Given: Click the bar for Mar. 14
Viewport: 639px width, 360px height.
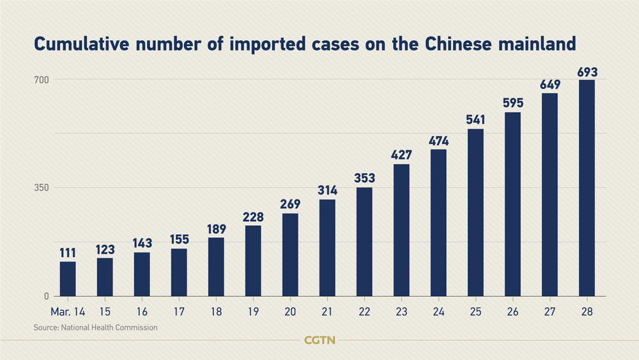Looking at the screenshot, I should click(x=68, y=279).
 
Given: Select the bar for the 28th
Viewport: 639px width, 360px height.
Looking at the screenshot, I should click(x=587, y=188).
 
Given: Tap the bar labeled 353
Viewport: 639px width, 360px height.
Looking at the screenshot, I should click(x=364, y=242).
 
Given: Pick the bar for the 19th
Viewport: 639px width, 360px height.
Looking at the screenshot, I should click(x=253, y=261).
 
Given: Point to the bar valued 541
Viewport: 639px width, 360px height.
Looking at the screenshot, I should click(x=475, y=212).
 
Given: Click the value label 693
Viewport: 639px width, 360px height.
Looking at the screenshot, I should click(x=587, y=72).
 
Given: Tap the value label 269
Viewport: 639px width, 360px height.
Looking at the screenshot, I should click(x=290, y=205).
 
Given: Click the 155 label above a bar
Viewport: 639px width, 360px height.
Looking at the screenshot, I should click(x=179, y=240).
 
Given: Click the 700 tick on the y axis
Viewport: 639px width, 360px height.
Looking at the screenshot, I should click(x=42, y=79).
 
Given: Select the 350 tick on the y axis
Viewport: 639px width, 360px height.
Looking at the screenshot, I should click(x=42, y=188).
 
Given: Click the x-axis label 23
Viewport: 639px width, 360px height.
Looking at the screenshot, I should click(x=401, y=311).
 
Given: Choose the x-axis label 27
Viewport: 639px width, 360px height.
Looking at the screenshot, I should click(x=550, y=311).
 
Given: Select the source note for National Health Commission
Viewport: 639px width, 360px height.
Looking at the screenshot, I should click(x=96, y=327).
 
